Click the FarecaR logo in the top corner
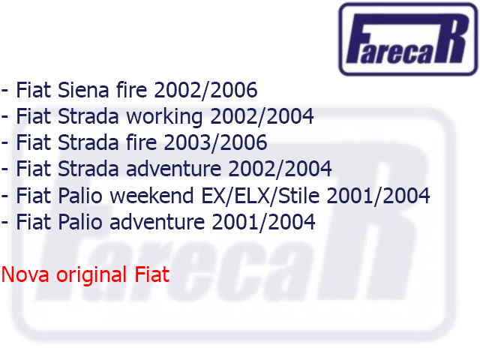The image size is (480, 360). coord(408,39)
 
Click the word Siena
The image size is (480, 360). coord(83,90)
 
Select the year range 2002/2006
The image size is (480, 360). coord(205,90)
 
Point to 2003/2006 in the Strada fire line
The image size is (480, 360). coord(215,143)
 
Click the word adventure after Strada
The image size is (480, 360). coord(173,169)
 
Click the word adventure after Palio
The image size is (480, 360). coord(157,222)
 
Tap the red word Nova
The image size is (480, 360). coord(25,274)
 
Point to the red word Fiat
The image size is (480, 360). coord(152,274)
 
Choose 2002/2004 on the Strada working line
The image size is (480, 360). coord(262,117)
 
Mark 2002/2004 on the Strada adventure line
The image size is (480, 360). coord(280,169)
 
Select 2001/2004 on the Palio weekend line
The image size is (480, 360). coord(378,196)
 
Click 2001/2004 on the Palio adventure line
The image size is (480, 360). coord(263,222)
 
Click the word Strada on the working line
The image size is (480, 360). coord(88,116)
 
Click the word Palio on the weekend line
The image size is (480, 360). coord(80,195)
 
